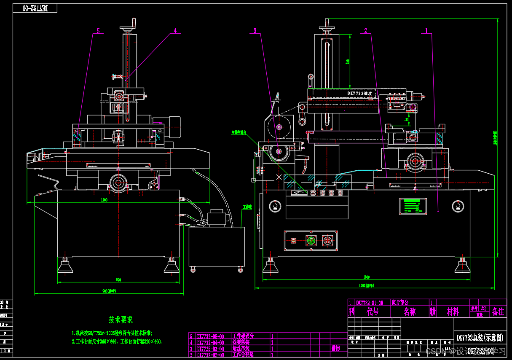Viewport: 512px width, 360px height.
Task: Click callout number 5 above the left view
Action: (x=98, y=30)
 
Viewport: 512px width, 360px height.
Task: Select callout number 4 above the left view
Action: (x=175, y=30)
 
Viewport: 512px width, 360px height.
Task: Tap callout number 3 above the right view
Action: (x=255, y=30)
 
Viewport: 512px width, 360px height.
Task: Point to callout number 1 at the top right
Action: (x=426, y=30)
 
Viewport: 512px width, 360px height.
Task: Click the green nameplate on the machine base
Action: (x=413, y=207)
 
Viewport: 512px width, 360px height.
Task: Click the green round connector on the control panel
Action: (x=311, y=241)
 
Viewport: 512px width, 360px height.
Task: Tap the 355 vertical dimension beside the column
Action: (x=347, y=62)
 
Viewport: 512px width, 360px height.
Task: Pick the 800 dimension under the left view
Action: (x=118, y=279)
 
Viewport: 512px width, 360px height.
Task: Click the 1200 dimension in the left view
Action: (x=104, y=199)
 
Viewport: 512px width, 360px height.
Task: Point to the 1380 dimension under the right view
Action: (x=366, y=277)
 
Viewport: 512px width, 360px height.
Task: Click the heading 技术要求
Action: (x=121, y=320)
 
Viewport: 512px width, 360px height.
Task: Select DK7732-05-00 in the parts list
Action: (x=210, y=336)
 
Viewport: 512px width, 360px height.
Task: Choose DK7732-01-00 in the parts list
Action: (x=370, y=302)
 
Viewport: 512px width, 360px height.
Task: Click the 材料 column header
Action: (x=453, y=312)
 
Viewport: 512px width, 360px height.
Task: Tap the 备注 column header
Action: (x=498, y=312)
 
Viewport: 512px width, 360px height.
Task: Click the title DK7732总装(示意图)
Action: (x=480, y=338)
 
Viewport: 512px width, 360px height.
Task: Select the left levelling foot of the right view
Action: (x=270, y=265)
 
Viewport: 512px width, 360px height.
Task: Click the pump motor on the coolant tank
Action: (x=217, y=218)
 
